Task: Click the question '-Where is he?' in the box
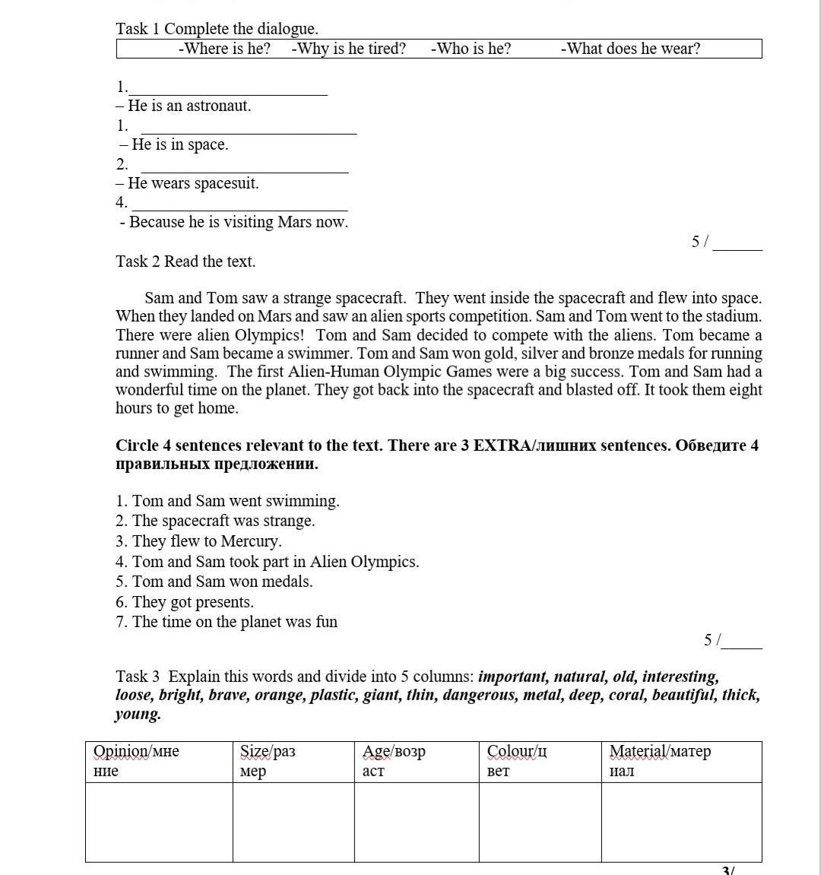(224, 49)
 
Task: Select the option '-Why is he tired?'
(348, 49)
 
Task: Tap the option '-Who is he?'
(471, 49)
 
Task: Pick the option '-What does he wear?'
(630, 49)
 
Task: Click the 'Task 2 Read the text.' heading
(185, 262)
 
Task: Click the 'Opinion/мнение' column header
(136, 761)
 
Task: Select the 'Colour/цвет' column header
(517, 761)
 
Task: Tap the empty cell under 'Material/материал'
(681, 822)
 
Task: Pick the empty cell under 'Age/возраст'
(417, 822)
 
